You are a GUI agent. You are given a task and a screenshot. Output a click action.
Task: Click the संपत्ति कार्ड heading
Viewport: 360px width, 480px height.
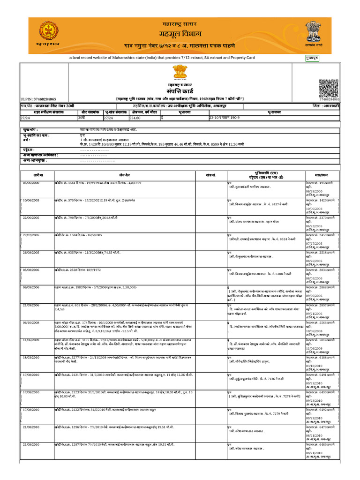[x=180, y=90]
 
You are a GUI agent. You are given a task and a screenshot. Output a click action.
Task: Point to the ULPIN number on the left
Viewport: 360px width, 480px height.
[x=38, y=99]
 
